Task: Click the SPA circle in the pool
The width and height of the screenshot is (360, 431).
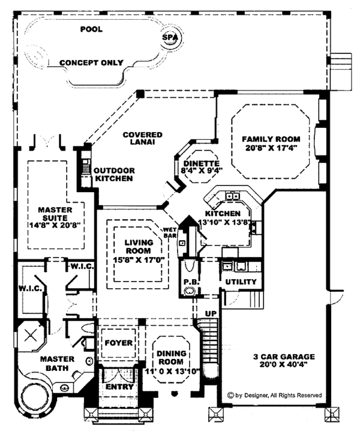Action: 170,37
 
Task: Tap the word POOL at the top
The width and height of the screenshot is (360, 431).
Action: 90,29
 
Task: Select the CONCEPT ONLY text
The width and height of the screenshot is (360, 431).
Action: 91,62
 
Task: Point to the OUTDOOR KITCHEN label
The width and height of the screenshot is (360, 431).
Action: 114,175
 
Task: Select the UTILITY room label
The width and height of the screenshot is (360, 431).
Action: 241,282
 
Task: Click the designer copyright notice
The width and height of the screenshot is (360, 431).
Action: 275,395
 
